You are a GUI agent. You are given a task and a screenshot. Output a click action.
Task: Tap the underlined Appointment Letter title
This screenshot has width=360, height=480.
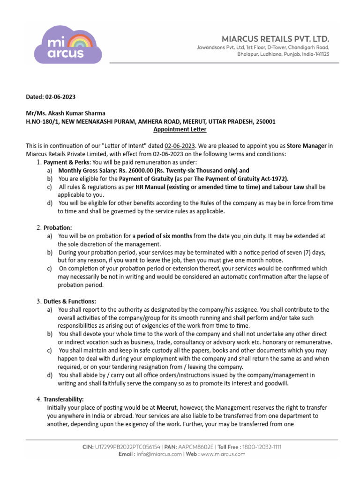coord(180,129)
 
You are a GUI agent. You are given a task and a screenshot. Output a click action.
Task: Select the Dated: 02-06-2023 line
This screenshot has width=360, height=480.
coord(50,97)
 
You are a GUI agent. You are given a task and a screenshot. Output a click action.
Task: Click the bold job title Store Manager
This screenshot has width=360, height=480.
coord(307,146)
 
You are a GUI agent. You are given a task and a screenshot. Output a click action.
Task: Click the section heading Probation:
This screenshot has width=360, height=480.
coord(58,227)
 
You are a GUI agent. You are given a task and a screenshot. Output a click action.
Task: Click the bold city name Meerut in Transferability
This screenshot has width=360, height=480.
coord(167,408)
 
